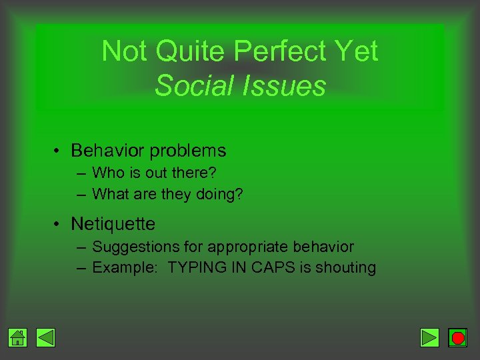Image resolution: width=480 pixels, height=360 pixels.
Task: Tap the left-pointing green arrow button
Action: coord(45,338)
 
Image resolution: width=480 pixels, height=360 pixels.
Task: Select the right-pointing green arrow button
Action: coord(430,338)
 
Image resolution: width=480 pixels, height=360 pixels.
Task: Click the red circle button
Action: coord(458,338)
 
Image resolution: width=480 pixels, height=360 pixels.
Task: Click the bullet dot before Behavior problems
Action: coord(59,151)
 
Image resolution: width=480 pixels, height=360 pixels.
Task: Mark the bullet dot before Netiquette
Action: coord(59,223)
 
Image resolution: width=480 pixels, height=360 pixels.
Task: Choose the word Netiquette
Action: coord(113,223)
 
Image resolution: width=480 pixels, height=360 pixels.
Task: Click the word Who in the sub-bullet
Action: coord(107,173)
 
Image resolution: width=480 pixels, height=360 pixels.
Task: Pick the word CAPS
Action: coord(268,268)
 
